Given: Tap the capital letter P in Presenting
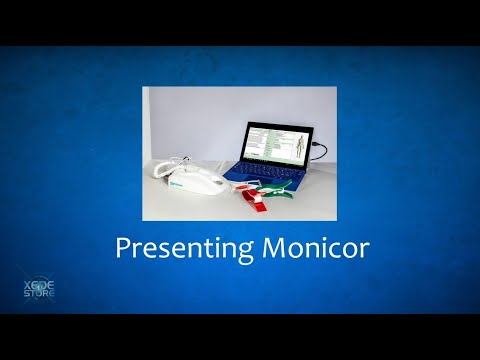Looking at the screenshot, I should coord(123,248).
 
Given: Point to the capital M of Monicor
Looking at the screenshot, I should coord(259,248).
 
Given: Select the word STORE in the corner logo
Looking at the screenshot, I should coord(38,296).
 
